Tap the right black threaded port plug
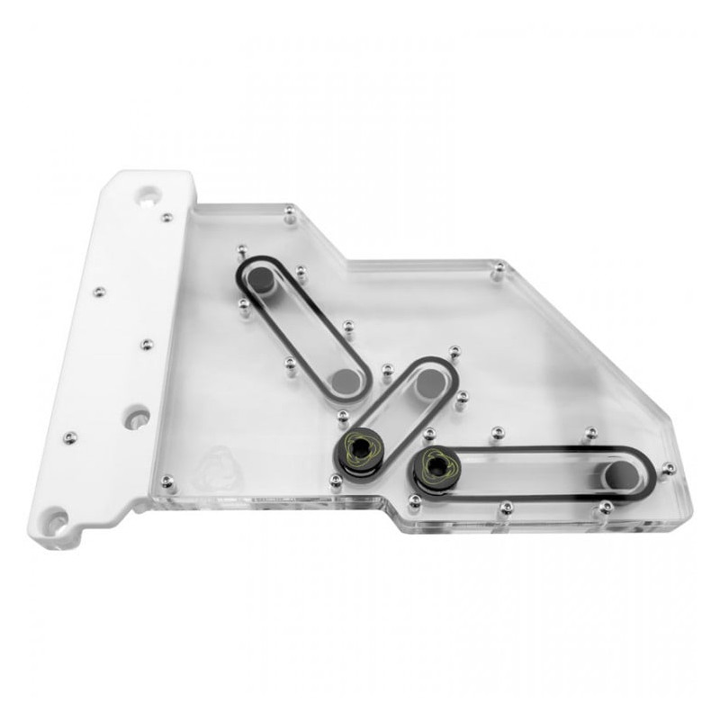pos(438,465)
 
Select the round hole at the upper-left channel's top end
pos(261,282)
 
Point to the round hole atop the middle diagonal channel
pos(429,382)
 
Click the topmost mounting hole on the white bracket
pos(147,193)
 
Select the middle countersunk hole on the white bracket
pos(137,418)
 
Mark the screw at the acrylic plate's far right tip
pos(667,468)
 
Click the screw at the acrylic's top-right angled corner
pos(498,268)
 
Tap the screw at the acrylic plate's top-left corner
pos(289,213)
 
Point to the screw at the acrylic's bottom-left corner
pos(166,481)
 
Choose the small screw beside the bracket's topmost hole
pos(166,217)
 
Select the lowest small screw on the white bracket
pos(70,437)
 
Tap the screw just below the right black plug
pos(414,499)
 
